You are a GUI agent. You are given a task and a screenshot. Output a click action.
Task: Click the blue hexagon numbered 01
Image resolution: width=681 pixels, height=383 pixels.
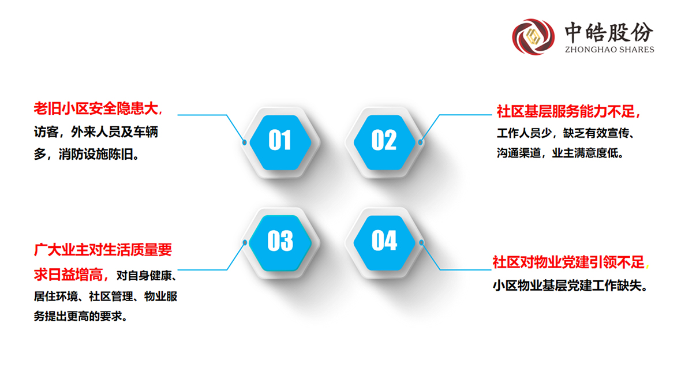(280, 142)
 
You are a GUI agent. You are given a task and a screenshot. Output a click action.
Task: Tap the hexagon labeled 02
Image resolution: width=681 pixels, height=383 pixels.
(384, 142)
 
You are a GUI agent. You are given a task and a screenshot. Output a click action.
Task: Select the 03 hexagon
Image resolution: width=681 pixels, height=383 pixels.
(280, 242)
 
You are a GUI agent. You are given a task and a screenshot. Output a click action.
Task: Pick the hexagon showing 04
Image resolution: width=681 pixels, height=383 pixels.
(384, 242)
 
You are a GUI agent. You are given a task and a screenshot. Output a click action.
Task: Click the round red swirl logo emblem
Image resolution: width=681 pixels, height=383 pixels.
(533, 37)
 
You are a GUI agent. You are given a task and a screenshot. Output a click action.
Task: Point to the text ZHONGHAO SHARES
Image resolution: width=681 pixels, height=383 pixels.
(609, 50)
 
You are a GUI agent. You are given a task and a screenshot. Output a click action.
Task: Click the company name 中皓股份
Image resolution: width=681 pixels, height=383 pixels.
(609, 32)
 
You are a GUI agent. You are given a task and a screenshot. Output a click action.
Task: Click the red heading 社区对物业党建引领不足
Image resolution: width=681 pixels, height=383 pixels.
(568, 262)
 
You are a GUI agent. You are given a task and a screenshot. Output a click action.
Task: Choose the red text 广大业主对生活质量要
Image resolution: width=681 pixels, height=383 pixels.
(103, 250)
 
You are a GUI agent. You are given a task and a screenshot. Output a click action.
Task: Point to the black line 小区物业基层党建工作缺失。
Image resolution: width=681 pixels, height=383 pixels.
(571, 286)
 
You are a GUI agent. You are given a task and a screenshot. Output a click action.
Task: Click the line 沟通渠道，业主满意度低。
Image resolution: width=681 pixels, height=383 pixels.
(560, 153)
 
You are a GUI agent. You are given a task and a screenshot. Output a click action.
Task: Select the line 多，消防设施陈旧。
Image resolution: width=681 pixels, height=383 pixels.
(87, 154)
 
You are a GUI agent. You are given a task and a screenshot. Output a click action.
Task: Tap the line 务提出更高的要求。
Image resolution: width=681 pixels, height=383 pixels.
(81, 316)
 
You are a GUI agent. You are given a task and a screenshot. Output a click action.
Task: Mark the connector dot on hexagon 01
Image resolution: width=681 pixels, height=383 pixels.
(245, 142)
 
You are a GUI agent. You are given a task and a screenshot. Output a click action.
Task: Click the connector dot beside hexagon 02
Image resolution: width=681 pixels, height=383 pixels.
(420, 142)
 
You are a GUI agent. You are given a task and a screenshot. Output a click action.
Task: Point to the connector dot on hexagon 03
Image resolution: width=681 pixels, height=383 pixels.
(245, 242)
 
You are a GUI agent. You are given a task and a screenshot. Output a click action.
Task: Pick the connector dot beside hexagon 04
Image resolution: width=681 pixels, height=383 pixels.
(421, 242)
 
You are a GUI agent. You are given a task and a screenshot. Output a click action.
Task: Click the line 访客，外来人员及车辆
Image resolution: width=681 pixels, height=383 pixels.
(96, 132)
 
